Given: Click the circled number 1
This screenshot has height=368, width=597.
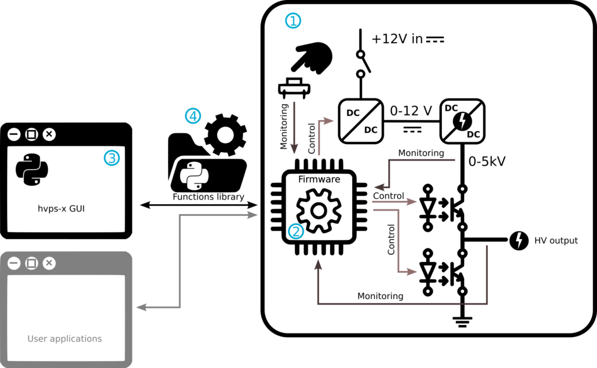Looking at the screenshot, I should click(x=293, y=21).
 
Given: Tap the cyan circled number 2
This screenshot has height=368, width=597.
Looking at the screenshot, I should click(x=296, y=232).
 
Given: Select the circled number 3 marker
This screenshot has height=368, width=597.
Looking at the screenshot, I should click(x=111, y=157).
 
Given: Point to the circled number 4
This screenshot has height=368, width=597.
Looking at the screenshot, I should click(x=192, y=116).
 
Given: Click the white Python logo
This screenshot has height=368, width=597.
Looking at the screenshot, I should click(x=194, y=176).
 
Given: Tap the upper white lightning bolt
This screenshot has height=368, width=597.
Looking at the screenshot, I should click(x=462, y=121).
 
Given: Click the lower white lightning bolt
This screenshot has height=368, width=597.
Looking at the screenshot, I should click(x=519, y=240).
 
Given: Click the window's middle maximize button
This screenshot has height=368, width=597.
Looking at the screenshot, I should click(x=32, y=263).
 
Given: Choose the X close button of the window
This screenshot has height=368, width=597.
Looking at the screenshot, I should click(x=50, y=263).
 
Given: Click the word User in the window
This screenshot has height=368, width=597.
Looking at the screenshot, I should click(x=37, y=339).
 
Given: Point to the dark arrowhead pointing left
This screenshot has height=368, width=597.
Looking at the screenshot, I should click(x=379, y=187).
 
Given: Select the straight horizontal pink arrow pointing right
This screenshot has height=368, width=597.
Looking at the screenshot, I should click(x=395, y=202).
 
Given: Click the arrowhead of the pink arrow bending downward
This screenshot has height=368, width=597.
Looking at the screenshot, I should click(x=412, y=272).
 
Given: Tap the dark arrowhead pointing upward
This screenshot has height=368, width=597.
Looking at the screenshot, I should click(x=318, y=264).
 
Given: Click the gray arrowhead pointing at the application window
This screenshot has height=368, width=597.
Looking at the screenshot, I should click(x=141, y=307).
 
